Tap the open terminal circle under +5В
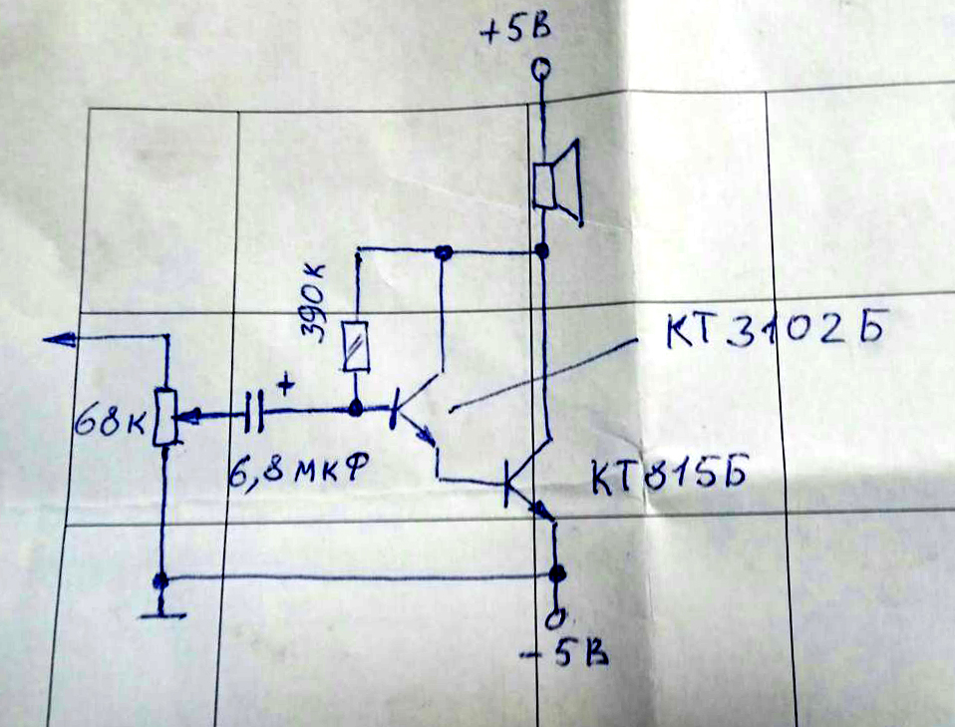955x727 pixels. [x=540, y=71]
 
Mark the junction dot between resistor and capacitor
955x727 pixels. [x=356, y=409]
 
